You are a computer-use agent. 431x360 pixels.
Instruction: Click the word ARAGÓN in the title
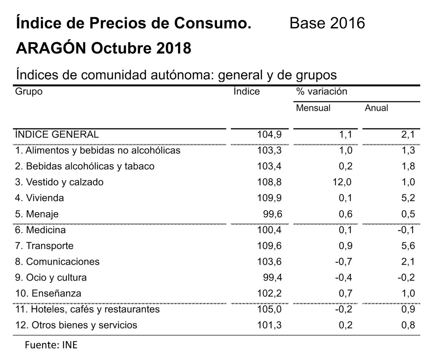50,48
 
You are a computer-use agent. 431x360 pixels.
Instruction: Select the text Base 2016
327,23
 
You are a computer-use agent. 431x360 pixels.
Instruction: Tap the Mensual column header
313,108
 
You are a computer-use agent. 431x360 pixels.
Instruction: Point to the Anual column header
376,108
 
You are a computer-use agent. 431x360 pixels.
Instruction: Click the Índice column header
246,91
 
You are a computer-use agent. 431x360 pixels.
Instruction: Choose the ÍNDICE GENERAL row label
57,134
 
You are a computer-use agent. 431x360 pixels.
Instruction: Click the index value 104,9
269,135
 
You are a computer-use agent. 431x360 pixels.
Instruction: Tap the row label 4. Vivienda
40,198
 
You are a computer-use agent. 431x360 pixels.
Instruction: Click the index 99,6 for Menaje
273,214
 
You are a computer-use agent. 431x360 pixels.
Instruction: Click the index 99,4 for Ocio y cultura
273,277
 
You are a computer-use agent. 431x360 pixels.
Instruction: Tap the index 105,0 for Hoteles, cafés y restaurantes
269,309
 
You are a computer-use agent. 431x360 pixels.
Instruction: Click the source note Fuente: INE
51,346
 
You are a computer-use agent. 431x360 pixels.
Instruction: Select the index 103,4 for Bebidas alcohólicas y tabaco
269,166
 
